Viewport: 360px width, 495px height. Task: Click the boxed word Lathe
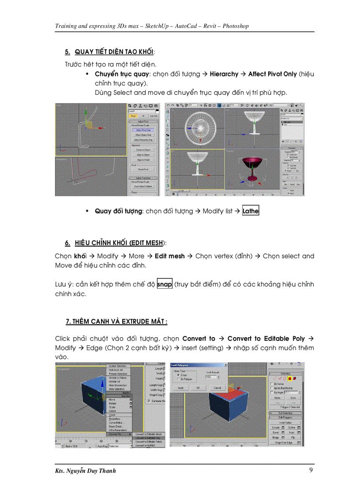pyautogui.click(x=251, y=211)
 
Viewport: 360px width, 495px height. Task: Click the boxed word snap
pyautogui.click(x=165, y=284)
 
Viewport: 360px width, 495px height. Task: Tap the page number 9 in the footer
pyautogui.click(x=311, y=470)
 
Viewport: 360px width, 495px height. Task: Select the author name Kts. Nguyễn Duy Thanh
pyautogui.click(x=85, y=471)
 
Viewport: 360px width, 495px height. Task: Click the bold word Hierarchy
pyautogui.click(x=224, y=74)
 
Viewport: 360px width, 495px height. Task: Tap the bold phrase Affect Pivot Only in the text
pyautogui.click(x=272, y=74)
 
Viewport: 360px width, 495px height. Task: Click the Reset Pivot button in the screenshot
pyautogui.click(x=142, y=169)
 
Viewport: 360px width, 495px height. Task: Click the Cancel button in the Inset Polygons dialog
pyautogui.click(x=217, y=387)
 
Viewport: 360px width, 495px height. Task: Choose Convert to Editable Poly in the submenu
pyautogui.click(x=148, y=438)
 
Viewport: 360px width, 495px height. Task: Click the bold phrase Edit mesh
pyautogui.click(x=170, y=256)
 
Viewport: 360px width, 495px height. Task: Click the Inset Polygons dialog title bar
pyautogui.click(x=199, y=365)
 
